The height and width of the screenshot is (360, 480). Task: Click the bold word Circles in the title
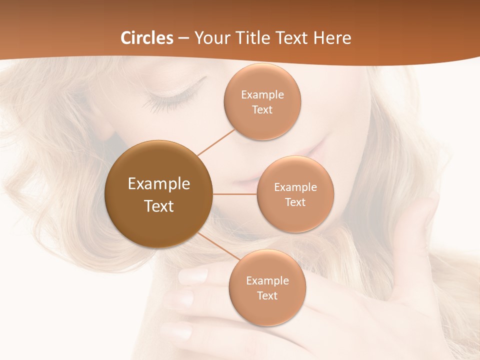[147, 38]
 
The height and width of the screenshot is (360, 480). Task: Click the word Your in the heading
[210, 38]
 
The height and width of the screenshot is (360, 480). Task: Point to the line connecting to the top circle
[216, 142]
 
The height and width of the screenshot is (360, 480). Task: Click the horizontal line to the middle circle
[235, 194]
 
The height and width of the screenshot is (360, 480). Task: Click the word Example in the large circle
[158, 184]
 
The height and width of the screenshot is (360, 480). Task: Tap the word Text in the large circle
[158, 206]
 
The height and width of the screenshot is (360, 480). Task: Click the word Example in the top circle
[262, 95]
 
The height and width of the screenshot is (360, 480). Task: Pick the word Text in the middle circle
[295, 202]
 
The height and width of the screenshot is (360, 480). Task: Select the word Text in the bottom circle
[267, 296]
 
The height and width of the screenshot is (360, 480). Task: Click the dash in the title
[183, 38]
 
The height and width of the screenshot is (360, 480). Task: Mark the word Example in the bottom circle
[267, 281]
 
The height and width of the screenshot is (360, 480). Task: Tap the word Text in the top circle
[262, 110]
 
